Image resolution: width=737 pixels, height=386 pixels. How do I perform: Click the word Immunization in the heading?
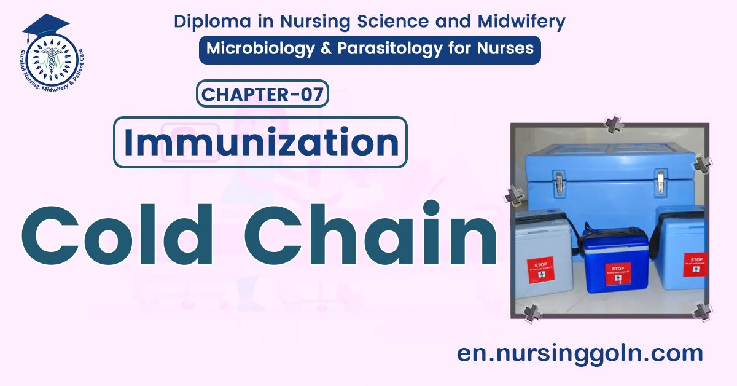[x=260, y=143]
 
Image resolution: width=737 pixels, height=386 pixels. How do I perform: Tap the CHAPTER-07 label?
[x=262, y=95]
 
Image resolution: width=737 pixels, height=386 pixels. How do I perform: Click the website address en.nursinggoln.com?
[x=580, y=353]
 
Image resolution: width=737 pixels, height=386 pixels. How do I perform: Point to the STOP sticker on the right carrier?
[x=696, y=264]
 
